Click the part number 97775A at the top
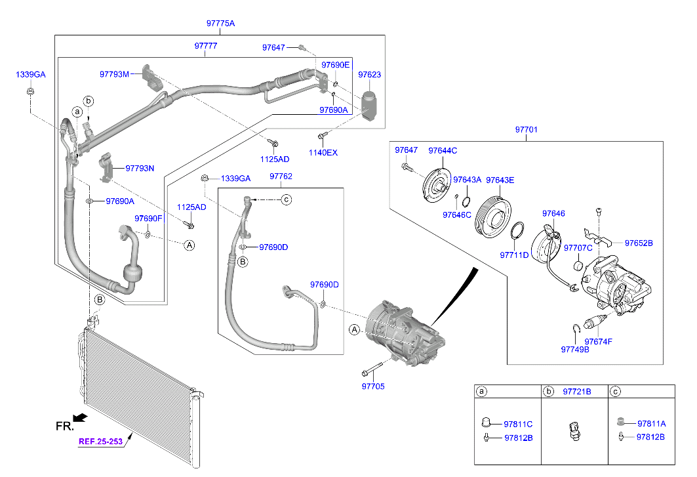(x=220, y=24)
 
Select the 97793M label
(x=115, y=73)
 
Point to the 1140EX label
(x=323, y=153)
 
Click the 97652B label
(x=639, y=243)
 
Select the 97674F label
(x=598, y=342)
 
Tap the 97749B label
(x=575, y=350)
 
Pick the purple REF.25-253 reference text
(x=100, y=442)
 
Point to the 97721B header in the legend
(x=576, y=392)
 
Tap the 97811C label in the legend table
(x=518, y=424)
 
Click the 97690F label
(x=148, y=218)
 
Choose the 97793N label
(x=140, y=168)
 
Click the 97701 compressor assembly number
(x=526, y=130)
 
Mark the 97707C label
(x=578, y=247)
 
